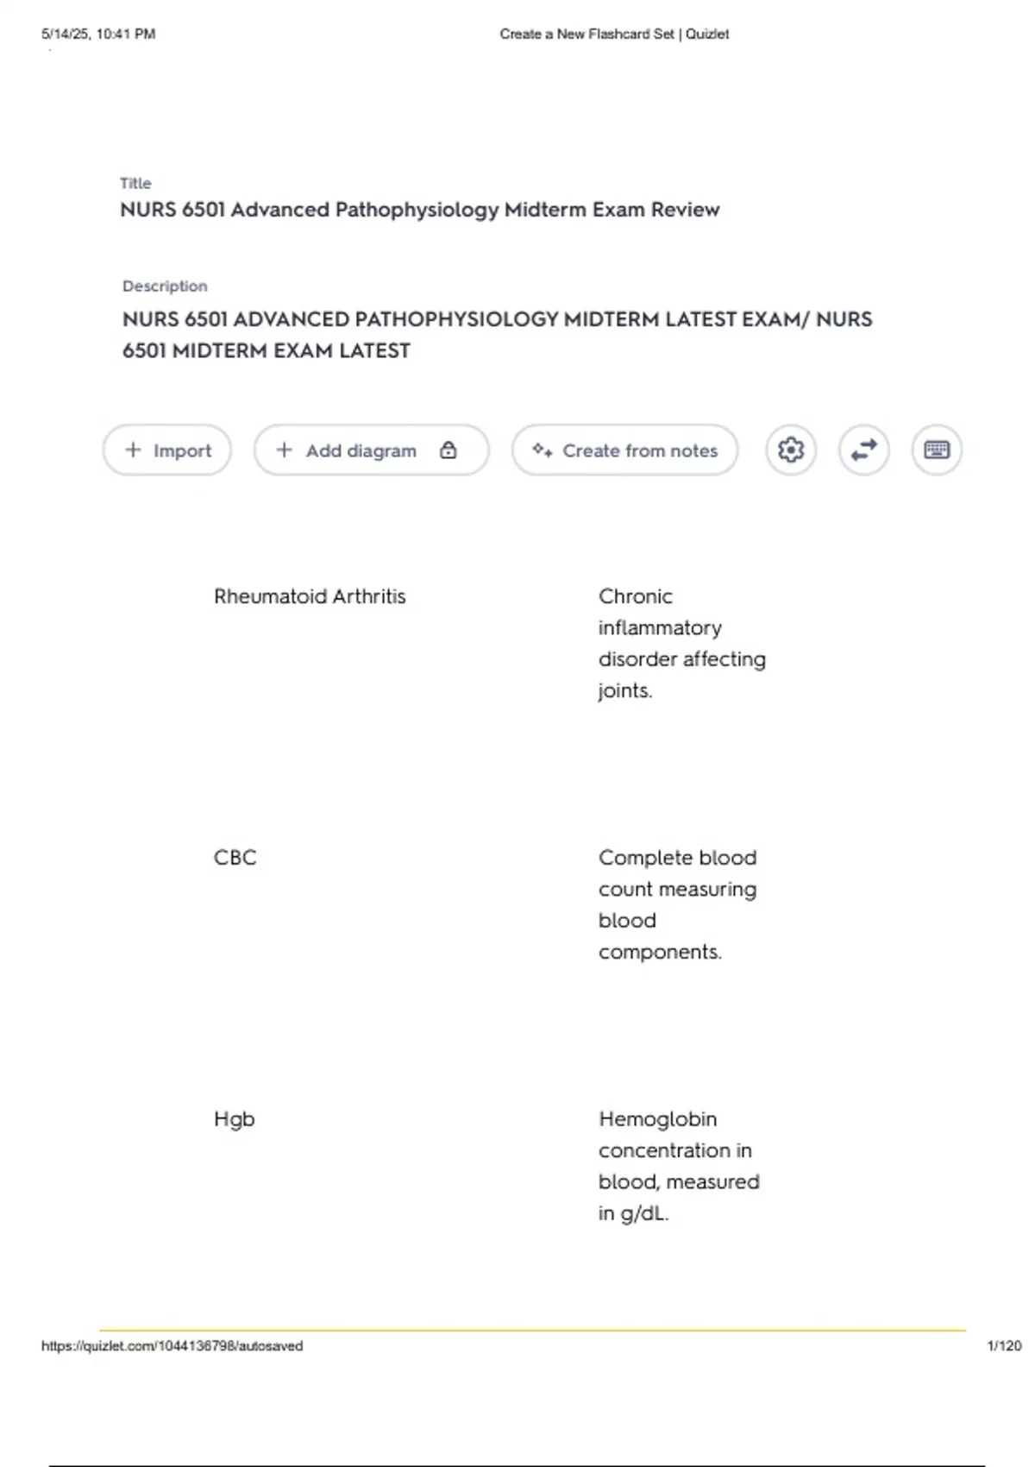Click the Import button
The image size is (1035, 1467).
(167, 450)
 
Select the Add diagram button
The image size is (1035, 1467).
(361, 450)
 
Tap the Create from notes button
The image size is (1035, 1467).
(625, 450)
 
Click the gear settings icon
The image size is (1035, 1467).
(791, 450)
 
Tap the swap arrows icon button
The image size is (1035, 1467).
(863, 450)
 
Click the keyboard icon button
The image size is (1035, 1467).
(937, 450)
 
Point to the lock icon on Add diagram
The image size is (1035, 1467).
(448, 450)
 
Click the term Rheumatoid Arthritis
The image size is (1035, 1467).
(310, 596)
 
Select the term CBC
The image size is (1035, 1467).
(235, 858)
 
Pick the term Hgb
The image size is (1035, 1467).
(234, 1119)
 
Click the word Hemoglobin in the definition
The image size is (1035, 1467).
(657, 1119)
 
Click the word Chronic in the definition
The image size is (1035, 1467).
(636, 596)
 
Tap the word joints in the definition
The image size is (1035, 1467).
(624, 690)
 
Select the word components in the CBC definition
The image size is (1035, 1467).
(659, 952)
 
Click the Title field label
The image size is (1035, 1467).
(135, 183)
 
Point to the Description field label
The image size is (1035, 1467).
(165, 286)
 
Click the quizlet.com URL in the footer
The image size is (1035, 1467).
(172, 1346)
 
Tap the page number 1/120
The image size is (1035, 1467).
(1004, 1346)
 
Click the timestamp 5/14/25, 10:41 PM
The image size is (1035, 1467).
(98, 35)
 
